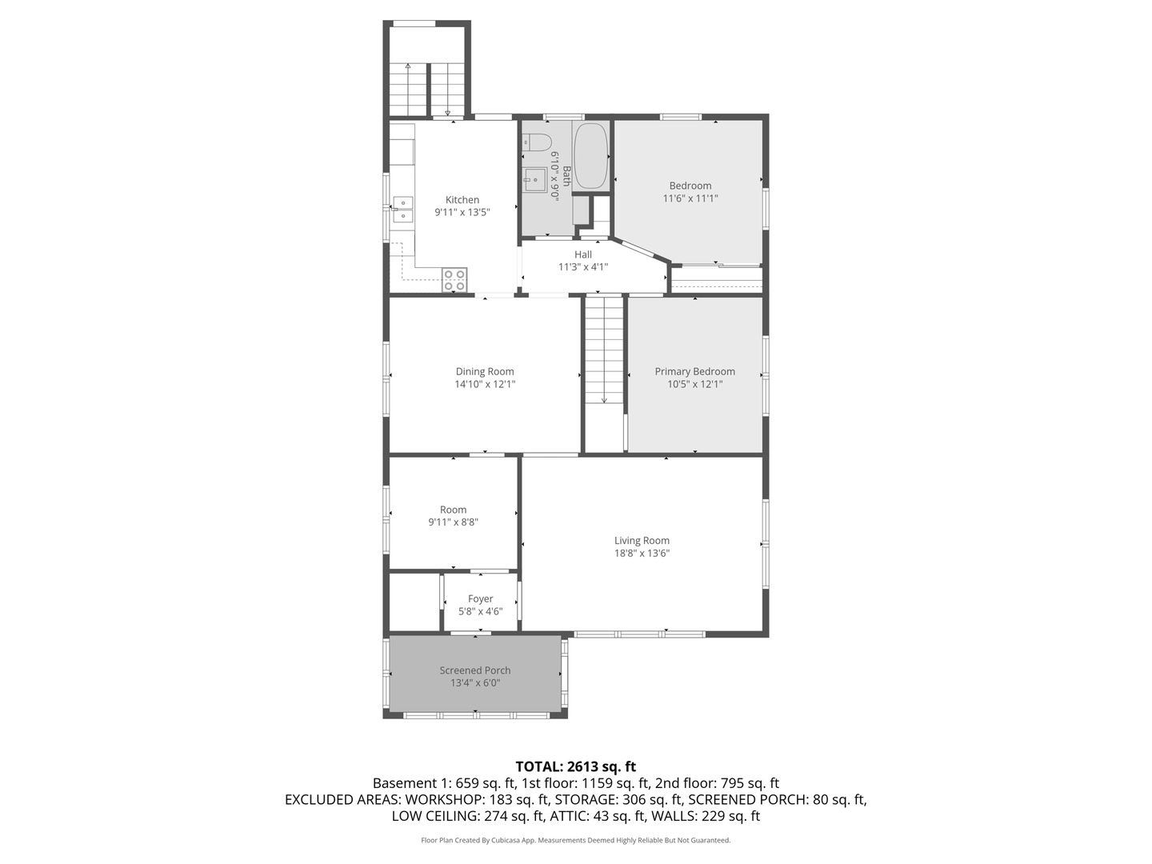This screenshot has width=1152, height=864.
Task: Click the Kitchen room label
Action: pyautogui.click(x=462, y=200)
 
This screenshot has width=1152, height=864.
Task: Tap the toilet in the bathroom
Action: pyautogui.click(x=538, y=142)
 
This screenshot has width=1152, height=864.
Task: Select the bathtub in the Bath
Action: pyautogui.click(x=591, y=155)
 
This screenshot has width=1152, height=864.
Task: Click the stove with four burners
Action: pyautogui.click(x=454, y=280)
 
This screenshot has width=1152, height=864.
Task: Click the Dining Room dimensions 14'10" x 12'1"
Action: pyautogui.click(x=485, y=384)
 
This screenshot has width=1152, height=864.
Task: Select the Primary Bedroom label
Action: pyautogui.click(x=694, y=371)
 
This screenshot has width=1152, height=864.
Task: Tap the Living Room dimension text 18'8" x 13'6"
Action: pyautogui.click(x=642, y=553)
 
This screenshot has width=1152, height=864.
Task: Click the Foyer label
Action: pyautogui.click(x=480, y=598)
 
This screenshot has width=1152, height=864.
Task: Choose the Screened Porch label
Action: pyautogui.click(x=474, y=670)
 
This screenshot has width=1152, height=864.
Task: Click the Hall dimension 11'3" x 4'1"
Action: pyautogui.click(x=582, y=267)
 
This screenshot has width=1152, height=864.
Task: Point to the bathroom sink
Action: pyautogui.click(x=534, y=180)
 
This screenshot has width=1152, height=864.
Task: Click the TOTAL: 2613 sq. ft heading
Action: pyautogui.click(x=575, y=766)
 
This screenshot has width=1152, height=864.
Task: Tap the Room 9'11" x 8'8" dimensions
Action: pyautogui.click(x=453, y=522)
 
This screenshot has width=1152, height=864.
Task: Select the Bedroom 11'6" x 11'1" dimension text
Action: pyautogui.click(x=690, y=198)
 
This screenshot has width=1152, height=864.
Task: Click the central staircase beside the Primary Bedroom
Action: pyautogui.click(x=604, y=352)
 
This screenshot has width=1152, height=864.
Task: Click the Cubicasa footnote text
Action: pyautogui.click(x=575, y=840)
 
